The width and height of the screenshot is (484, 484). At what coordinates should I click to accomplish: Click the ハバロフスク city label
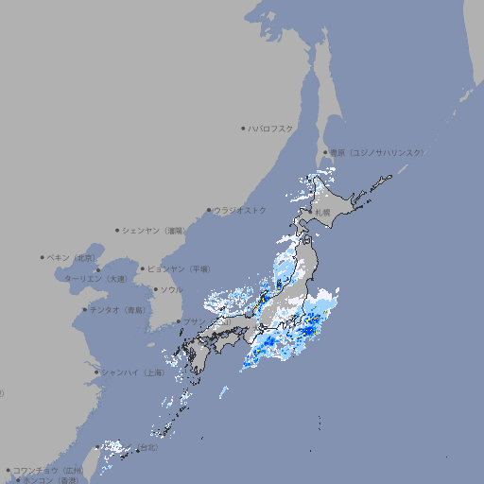[271, 128]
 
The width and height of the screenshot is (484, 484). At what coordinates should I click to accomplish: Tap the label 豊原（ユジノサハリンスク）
[376, 152]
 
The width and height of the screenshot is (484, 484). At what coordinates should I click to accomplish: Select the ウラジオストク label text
[240, 210]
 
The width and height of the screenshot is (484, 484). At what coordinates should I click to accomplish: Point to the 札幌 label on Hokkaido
[323, 212]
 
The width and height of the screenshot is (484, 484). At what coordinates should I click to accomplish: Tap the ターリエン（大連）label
[95, 279]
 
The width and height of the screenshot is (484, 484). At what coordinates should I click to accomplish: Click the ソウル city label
[171, 289]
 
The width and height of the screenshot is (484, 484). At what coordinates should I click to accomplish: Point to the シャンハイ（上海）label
[132, 372]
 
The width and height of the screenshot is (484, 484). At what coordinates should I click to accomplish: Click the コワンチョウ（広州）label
[48, 470]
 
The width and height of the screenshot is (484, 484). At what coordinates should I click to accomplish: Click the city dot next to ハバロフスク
[243, 128]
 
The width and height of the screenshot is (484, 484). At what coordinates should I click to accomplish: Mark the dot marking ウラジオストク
[209, 210]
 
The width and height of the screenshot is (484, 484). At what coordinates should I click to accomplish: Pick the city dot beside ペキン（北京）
[43, 257]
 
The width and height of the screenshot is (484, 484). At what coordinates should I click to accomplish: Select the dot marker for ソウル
[154, 289]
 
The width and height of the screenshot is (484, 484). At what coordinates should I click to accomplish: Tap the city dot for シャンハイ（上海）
[95, 372]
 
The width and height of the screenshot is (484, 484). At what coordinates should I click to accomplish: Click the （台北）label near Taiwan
[147, 446]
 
